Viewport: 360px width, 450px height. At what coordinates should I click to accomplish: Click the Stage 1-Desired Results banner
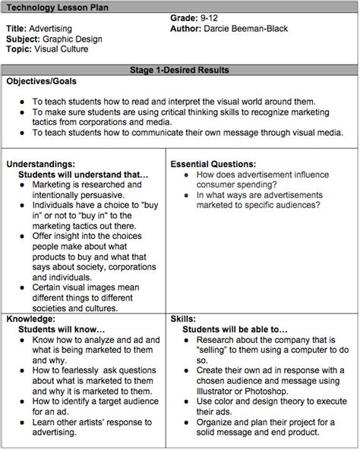tap(179, 71)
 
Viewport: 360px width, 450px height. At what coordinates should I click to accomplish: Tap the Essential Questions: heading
tap(213, 163)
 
